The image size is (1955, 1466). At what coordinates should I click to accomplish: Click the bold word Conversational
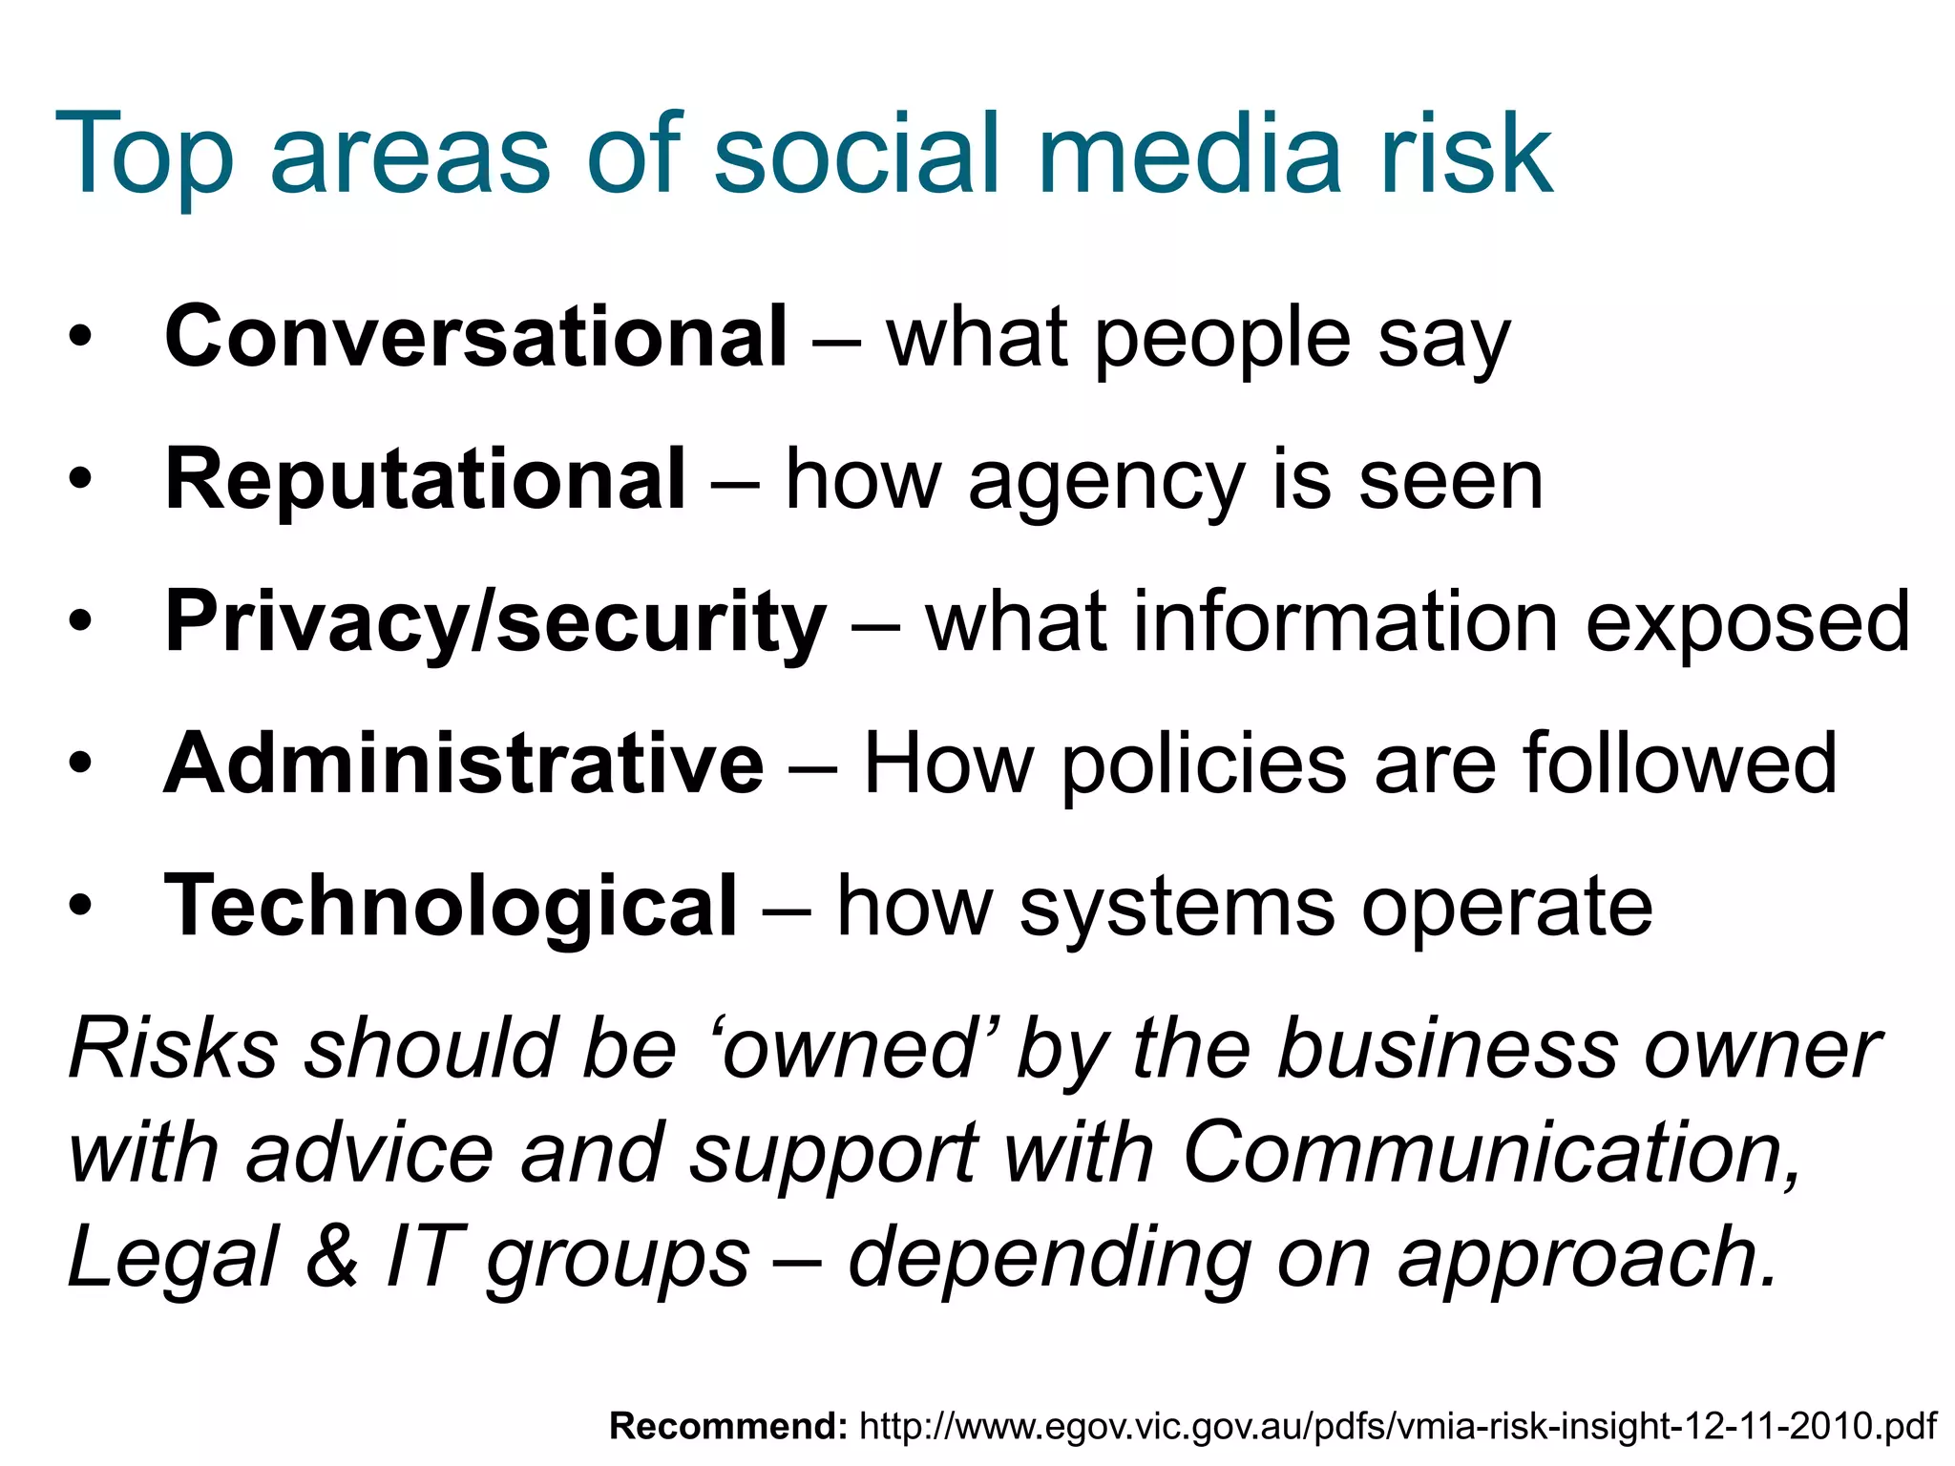point(475,337)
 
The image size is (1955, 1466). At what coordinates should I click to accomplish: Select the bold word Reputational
point(425,480)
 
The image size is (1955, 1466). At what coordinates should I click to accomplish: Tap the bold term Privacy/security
point(495,622)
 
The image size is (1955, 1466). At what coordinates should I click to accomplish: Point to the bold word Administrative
point(464,764)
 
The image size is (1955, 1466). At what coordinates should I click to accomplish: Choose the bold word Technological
point(451,906)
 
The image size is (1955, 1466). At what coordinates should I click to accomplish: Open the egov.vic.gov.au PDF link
point(1398,1426)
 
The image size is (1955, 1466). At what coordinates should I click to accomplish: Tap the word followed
point(1679,764)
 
